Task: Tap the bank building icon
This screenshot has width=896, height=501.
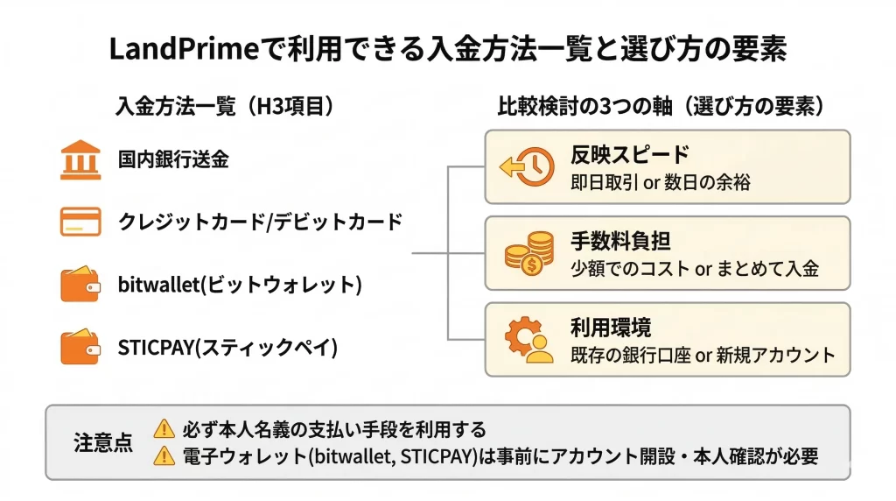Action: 80,159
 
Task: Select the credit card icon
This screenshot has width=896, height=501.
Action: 80,221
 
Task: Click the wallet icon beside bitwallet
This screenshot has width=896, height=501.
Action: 80,285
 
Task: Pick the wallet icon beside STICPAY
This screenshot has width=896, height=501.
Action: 80,347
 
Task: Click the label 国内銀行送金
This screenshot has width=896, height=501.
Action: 173,159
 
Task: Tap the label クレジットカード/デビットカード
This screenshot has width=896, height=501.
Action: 260,222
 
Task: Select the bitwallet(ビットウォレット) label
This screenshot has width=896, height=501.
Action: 239,285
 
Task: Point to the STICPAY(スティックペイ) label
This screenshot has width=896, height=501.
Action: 227,347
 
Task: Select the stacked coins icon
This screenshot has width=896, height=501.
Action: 528,253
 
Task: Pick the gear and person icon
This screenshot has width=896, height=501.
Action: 528,340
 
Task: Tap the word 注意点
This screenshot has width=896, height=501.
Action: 102,442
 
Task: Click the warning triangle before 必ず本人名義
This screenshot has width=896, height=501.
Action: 164,429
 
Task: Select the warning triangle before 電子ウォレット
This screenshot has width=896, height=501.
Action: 164,456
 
